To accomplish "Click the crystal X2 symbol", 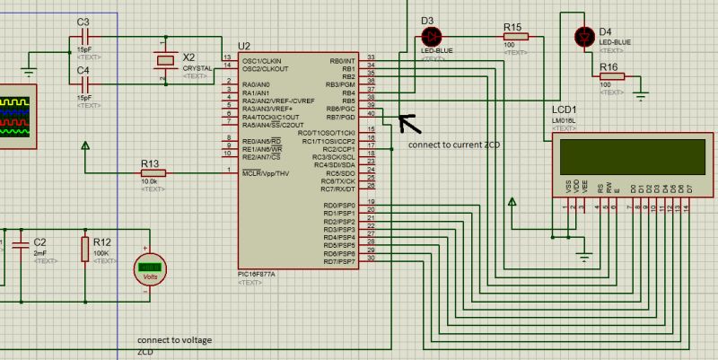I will (163, 60).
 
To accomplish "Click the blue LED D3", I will (430, 36).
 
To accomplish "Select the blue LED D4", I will (584, 36).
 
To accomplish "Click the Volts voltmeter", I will (150, 267).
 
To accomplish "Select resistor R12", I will (85, 249).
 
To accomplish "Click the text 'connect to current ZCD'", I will (453, 145).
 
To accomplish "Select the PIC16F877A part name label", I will (262, 275).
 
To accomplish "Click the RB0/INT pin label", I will (343, 60).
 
